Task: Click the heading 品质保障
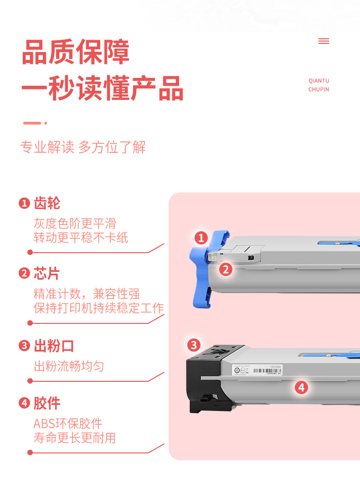[76, 52]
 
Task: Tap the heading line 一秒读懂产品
[103, 88]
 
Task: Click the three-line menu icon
[324, 41]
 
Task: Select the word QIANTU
[319, 81]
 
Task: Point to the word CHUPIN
[319, 89]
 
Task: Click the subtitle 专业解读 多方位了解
[83, 147]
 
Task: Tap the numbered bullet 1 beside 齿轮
[24, 203]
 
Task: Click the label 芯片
[47, 274]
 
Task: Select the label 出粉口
[54, 346]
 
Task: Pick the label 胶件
[47, 403]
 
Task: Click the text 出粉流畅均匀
[69, 366]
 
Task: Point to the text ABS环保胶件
[68, 423]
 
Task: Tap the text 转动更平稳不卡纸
[81, 238]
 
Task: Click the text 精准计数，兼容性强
[87, 293]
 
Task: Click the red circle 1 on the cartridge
[201, 238]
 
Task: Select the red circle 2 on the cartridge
[226, 269]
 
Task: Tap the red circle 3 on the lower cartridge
[194, 345]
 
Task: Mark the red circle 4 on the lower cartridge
[301, 388]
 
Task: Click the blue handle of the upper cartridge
[201, 274]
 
